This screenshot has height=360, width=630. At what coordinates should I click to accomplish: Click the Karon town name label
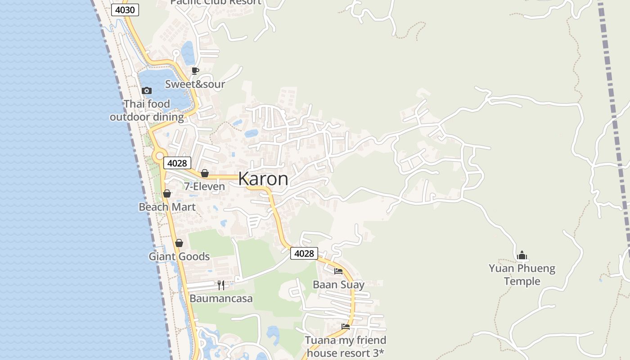click(263, 179)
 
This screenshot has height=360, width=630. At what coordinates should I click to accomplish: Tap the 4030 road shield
click(125, 10)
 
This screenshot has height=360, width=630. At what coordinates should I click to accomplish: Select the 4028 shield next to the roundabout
click(177, 163)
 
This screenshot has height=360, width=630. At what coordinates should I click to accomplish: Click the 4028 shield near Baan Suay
click(304, 253)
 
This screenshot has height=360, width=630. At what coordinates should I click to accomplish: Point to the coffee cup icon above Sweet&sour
click(195, 71)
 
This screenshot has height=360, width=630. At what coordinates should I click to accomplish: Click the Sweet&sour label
click(195, 84)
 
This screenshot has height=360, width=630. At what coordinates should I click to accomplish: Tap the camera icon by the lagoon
click(147, 90)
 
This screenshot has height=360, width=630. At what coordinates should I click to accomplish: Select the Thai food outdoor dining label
click(147, 110)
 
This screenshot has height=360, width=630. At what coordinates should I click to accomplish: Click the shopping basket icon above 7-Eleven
click(205, 173)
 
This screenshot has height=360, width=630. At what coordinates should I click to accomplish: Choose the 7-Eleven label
click(204, 186)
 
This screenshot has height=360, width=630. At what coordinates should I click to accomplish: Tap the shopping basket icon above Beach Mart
click(167, 194)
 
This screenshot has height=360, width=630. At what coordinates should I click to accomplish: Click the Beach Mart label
click(167, 207)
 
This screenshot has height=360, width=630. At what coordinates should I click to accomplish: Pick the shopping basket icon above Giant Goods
click(179, 243)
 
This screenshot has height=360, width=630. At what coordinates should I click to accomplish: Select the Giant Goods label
click(179, 256)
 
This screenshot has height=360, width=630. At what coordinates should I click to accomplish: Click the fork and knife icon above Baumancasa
click(221, 285)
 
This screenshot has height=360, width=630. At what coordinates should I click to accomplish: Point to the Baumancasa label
click(221, 298)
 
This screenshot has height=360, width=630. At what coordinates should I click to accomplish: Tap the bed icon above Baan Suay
click(338, 271)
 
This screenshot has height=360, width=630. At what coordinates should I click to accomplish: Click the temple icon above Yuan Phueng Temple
click(522, 256)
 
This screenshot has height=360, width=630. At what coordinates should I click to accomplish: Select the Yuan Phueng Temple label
click(522, 275)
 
